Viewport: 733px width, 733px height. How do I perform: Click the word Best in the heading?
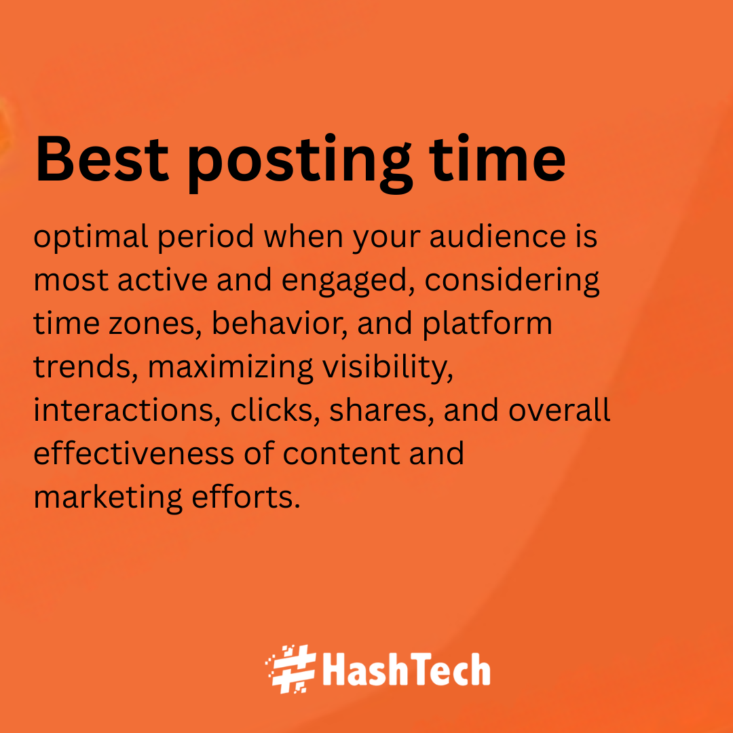101,158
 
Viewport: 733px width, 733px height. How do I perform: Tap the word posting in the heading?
300,163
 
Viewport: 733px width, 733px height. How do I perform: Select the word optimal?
91,237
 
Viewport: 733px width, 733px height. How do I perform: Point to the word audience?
497,236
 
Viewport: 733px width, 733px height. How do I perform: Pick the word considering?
512,280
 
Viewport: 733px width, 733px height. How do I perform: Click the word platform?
487,324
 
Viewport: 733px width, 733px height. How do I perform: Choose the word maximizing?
231,367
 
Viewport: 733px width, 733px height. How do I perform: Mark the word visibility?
388,367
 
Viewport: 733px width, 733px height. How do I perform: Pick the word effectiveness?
134,453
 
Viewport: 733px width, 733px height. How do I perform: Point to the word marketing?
108,497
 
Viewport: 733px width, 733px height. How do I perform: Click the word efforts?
246,496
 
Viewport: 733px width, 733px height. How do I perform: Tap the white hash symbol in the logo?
291,669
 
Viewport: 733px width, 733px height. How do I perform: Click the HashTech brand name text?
407,669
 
